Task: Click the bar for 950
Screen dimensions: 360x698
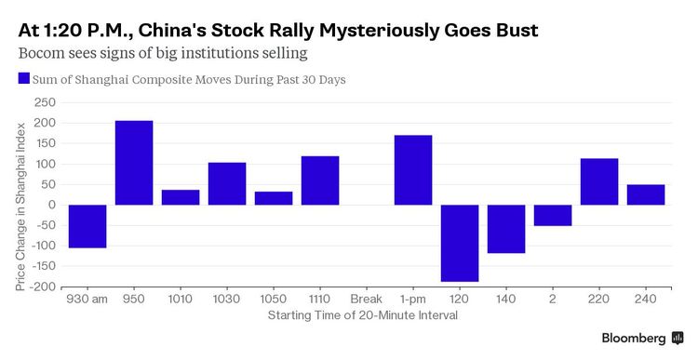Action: (x=134, y=163)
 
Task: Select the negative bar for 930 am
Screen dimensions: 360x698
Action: (x=87, y=226)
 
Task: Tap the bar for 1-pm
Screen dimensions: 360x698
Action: (x=413, y=170)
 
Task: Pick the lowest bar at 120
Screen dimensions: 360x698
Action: (x=460, y=243)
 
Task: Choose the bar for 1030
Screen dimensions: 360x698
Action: (x=227, y=183)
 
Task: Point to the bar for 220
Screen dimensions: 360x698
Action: (x=599, y=181)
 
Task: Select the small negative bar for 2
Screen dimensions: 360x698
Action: (x=553, y=215)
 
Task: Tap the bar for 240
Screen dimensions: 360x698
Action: (x=646, y=194)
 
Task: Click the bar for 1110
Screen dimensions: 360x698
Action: (x=320, y=180)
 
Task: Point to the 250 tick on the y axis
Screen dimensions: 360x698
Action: (x=45, y=102)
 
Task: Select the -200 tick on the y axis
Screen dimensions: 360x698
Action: (x=42, y=287)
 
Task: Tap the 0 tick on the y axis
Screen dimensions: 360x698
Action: (x=52, y=205)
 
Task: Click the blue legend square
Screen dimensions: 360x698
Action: (x=23, y=79)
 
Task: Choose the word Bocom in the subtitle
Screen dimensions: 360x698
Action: (x=40, y=54)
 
